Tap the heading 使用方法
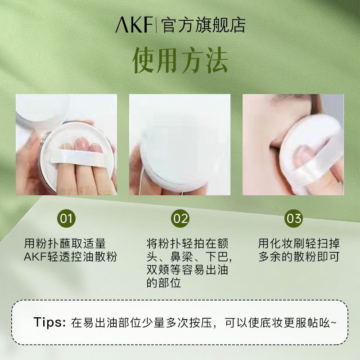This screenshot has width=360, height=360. [180, 60]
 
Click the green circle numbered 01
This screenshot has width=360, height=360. [66, 218]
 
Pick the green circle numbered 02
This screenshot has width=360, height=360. [180, 218]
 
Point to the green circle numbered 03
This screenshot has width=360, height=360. [294, 218]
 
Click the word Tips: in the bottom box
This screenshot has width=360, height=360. [49, 322]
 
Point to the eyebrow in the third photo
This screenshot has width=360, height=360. [285, 98]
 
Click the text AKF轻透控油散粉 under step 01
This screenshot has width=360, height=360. [71, 256]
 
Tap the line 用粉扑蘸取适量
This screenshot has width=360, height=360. [65, 243]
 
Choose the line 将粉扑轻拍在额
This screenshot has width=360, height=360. [188, 243]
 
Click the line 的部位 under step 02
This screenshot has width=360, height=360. [164, 283]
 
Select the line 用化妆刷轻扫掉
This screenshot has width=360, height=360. [299, 243]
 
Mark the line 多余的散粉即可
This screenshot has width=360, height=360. [299, 256]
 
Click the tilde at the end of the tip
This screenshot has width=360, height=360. [333, 323]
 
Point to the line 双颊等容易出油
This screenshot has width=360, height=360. [188, 270]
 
